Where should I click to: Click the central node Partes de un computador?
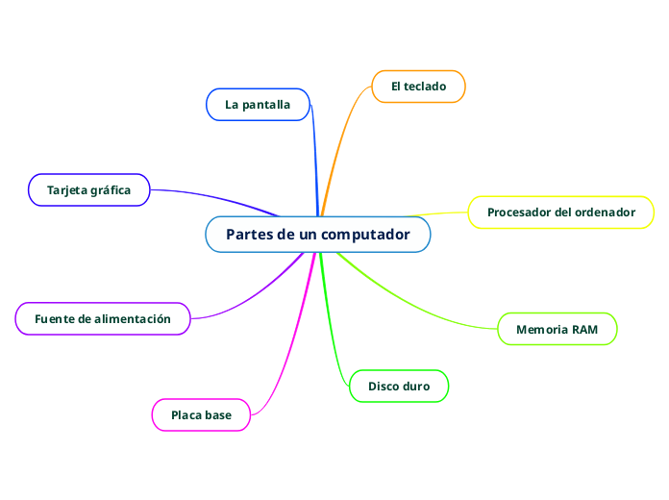(317, 235)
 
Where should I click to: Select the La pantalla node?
(258, 104)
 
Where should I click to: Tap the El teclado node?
(418, 87)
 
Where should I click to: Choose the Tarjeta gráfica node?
(88, 190)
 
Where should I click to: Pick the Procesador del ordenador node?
(560, 212)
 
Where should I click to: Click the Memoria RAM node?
(557, 329)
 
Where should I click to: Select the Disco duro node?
(399, 387)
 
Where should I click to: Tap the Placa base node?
(201, 415)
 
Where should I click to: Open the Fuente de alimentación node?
(103, 318)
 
